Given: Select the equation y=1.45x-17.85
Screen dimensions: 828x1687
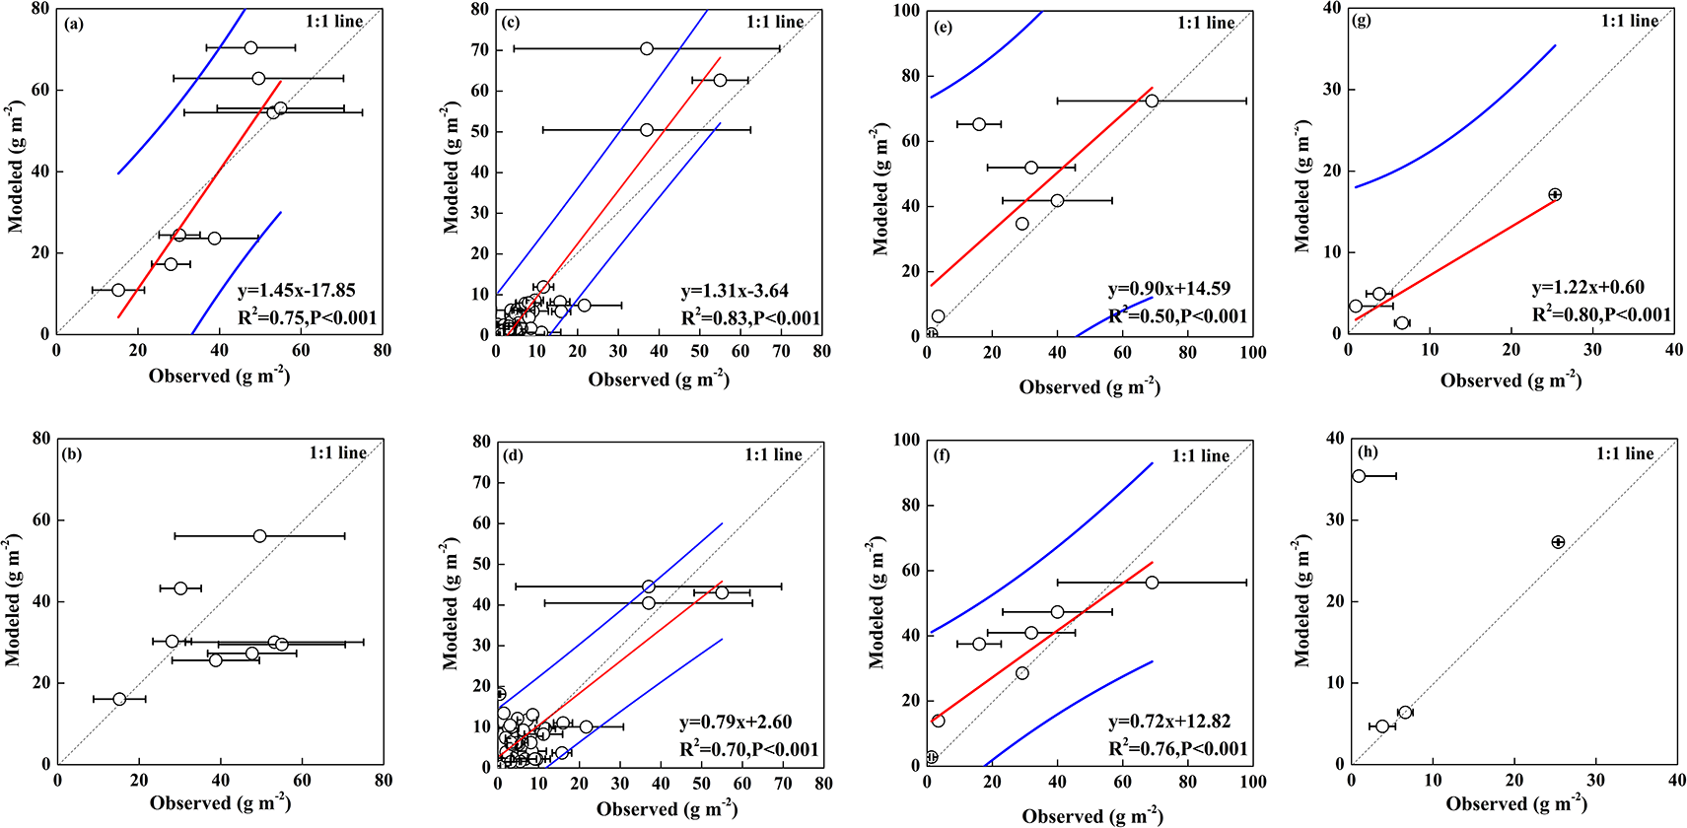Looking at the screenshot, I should tap(296, 291).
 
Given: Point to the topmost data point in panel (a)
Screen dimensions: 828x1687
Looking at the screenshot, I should tap(250, 47).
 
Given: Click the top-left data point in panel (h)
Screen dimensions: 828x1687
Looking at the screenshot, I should tap(1359, 476).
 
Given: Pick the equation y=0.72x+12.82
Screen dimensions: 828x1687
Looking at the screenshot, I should tap(1169, 722).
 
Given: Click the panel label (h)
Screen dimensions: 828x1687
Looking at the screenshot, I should tap(1368, 451).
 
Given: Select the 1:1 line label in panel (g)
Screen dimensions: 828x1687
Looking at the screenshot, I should tap(1629, 21).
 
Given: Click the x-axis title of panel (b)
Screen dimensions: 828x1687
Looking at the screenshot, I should tap(220, 802).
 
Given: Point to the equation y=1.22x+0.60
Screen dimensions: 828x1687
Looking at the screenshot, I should tap(1587, 288).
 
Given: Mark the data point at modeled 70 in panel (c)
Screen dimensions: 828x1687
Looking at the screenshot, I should tap(646, 48).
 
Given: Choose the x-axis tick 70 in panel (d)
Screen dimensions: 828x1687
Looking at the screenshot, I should tap(783, 785).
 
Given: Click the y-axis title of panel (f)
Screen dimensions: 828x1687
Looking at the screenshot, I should tap(877, 602).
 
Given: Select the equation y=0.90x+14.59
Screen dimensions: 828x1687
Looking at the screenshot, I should tap(1169, 289).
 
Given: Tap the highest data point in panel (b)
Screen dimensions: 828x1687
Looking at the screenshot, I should tap(259, 536).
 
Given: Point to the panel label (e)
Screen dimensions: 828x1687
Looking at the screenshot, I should tap(943, 27).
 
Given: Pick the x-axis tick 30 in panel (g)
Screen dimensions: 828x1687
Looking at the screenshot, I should tap(1592, 350).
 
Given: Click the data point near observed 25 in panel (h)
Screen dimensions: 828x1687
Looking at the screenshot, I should tap(1558, 542).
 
